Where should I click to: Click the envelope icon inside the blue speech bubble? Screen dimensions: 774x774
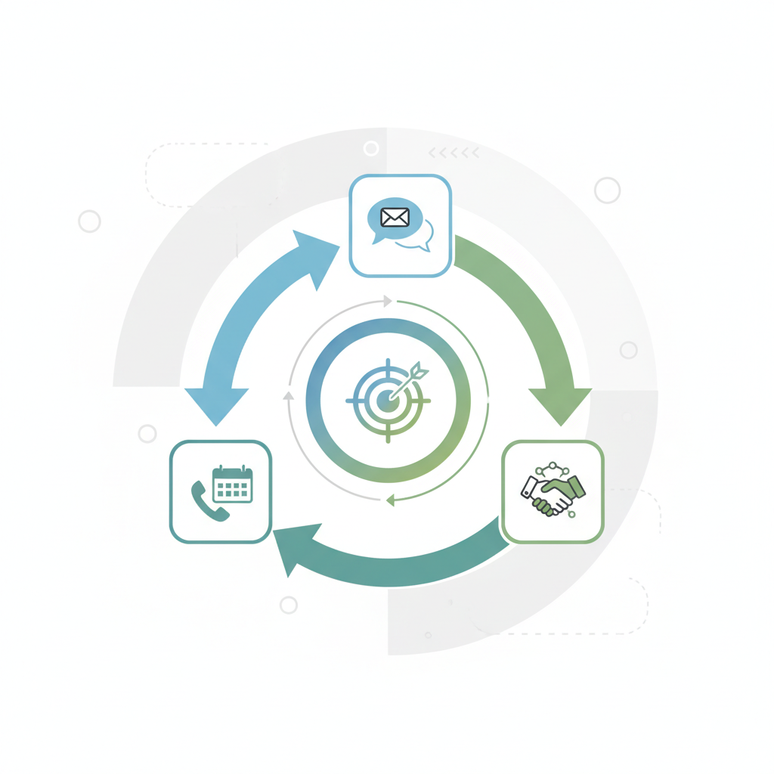395,218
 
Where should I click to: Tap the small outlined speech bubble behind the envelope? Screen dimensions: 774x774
420,236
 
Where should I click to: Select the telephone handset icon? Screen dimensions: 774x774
209,500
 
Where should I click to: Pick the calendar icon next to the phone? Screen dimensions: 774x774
232,485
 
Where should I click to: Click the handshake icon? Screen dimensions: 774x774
553,494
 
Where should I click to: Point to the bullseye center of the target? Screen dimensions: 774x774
388,400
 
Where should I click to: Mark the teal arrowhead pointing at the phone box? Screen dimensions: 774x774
291,549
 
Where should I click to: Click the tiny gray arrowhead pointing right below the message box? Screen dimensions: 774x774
388,302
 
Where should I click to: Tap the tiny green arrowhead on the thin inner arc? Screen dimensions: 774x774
390,500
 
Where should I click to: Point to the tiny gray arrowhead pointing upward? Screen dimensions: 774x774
288,395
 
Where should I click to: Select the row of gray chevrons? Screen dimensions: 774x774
454,153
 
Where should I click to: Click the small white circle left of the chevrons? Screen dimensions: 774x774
371,148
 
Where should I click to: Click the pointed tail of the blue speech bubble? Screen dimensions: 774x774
376,240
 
